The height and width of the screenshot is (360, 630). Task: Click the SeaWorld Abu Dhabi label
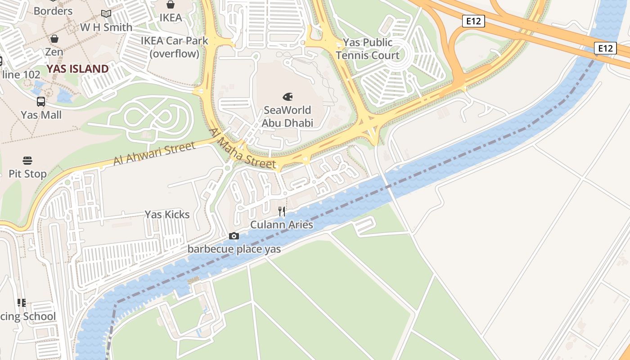(x=287, y=116)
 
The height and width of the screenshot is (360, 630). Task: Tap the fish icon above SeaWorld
(x=288, y=96)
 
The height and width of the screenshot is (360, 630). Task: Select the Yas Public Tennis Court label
(x=368, y=49)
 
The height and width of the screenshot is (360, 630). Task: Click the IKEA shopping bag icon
(x=171, y=4)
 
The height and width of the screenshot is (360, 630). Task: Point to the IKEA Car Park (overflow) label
(x=175, y=47)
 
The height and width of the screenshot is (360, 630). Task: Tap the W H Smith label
(x=106, y=27)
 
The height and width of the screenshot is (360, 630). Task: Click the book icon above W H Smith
(x=106, y=14)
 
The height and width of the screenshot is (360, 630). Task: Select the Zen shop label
(x=54, y=52)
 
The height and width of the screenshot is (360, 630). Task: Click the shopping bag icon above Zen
(x=54, y=39)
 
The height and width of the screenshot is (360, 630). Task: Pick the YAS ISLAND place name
(x=78, y=69)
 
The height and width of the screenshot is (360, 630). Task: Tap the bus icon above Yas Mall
(x=41, y=102)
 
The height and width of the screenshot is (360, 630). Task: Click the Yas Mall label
(x=41, y=115)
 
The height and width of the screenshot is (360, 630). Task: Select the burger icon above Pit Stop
(x=27, y=161)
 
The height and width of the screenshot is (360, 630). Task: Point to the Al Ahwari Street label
(x=154, y=153)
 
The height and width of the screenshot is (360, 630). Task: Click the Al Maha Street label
(x=242, y=149)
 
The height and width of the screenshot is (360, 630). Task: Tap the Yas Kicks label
(x=167, y=215)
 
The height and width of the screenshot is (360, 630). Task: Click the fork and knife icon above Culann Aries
(x=282, y=211)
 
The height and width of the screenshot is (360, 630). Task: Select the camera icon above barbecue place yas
(x=234, y=236)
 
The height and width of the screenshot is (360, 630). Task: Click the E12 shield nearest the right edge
(x=605, y=48)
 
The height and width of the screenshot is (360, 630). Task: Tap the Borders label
(x=53, y=11)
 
